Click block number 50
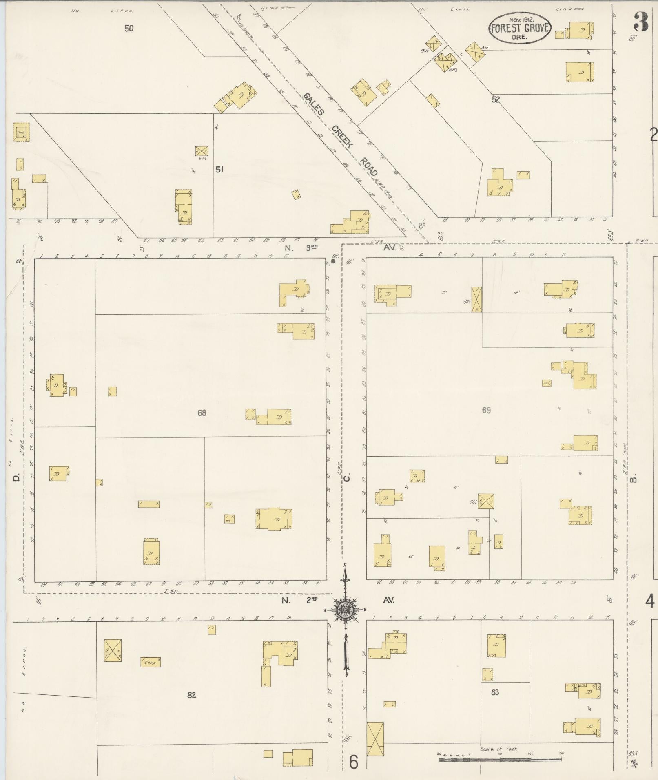pyautogui.click(x=129, y=29)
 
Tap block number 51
pyautogui.click(x=219, y=169)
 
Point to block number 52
pyautogui.click(x=495, y=99)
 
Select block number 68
pyautogui.click(x=202, y=413)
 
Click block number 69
pyautogui.click(x=486, y=410)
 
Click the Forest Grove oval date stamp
pyautogui.click(x=520, y=29)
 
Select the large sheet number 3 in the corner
pyautogui.click(x=641, y=23)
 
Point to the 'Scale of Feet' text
pyautogui.click(x=499, y=749)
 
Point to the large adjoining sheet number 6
pyautogui.click(x=354, y=762)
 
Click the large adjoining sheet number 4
pyautogui.click(x=650, y=601)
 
